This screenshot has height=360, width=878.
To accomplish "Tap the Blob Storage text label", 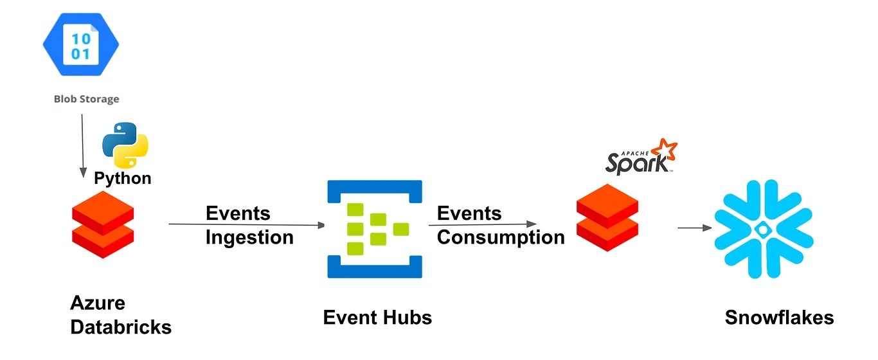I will pos(86,99).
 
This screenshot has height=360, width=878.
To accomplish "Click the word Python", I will pos(123,178).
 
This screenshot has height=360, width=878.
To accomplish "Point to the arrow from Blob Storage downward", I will pos(82,145).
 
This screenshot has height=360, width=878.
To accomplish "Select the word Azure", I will pos(98,303).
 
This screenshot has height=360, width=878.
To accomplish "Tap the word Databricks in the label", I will pos(121,327).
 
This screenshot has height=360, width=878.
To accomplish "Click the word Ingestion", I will pos(249,237).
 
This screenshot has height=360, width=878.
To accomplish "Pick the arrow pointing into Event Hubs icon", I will pos(247,225).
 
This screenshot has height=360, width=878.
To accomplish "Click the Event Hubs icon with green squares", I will pos(375,229).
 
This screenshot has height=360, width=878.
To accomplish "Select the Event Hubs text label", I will pos(377,317).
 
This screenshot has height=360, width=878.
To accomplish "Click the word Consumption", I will pos(501,237).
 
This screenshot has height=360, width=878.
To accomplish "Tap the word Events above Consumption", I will pos(469,213).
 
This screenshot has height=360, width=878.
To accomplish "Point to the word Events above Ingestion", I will pos(238,213).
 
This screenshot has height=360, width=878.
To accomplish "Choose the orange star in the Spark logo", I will pos(664,149).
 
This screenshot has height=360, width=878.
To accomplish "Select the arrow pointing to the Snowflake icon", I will pos(694,228).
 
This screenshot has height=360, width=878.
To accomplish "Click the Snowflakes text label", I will pos(779,317).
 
